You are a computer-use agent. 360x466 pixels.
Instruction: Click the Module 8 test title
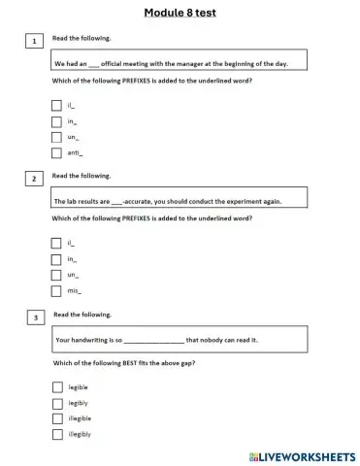[180, 13]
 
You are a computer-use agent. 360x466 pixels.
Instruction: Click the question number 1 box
[35, 42]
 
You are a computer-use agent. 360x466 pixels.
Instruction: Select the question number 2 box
[35, 180]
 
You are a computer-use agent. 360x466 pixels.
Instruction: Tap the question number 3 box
[35, 316]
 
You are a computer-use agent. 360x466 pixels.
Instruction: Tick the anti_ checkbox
[56, 152]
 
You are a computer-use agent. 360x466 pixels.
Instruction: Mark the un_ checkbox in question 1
[56, 137]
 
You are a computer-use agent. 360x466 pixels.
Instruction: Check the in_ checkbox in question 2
[56, 259]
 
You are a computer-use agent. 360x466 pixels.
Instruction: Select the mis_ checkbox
[56, 290]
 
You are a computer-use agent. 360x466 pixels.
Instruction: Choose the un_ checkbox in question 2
[56, 275]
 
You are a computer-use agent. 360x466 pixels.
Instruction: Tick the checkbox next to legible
[56, 386]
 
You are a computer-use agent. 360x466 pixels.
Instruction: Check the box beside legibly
[56, 402]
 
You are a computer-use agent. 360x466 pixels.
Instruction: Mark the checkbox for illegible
[56, 418]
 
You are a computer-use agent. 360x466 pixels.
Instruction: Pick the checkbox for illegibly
[56, 434]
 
